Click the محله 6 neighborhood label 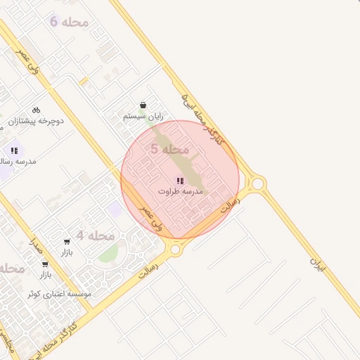[x=70, y=22]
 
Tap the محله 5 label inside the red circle [x=170, y=149]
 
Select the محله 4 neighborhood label [x=96, y=236]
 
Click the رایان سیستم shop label [x=143, y=116]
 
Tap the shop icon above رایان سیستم [x=143, y=105]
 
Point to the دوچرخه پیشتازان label [x=36, y=121]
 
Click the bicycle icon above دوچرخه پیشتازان [x=36, y=110]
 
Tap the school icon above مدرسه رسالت [x=14, y=150]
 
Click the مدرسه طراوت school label [x=180, y=191]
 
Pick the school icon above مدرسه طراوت [x=180, y=181]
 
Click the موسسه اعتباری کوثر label [x=60, y=294]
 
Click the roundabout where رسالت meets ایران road [x=258, y=184]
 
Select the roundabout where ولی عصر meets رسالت [x=175, y=248]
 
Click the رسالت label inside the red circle [x=229, y=205]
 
